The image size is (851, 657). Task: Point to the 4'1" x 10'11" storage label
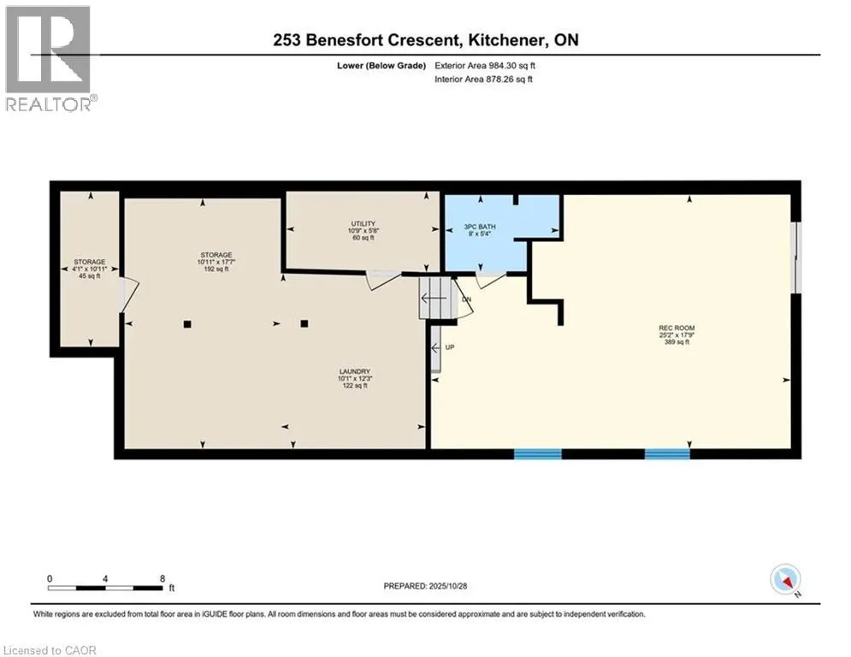88,268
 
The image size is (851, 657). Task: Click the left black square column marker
187,324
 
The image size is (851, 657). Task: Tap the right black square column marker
304,324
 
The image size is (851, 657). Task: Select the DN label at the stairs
466,299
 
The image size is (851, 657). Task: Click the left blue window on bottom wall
537,454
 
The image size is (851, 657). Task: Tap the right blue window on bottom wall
667,454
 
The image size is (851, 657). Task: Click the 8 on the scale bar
162,577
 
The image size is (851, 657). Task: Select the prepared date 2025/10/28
425,586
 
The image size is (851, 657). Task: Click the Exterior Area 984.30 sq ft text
486,65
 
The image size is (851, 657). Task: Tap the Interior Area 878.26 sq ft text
485,80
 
